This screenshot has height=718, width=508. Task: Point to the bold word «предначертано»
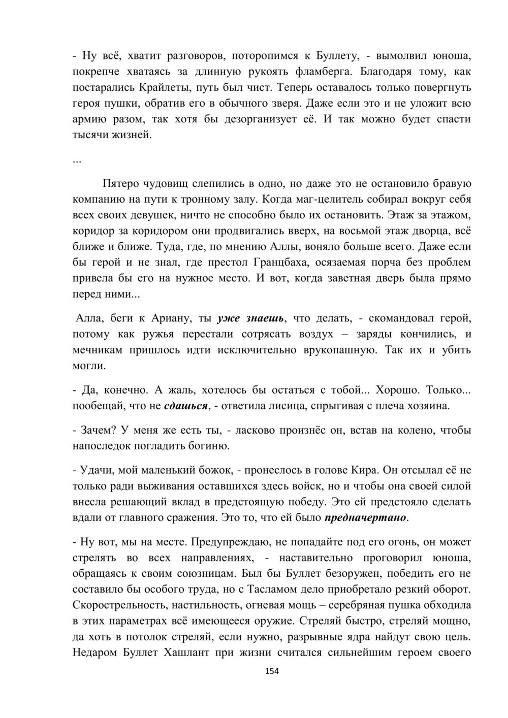365,518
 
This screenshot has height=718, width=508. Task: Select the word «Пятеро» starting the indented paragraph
121,183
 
